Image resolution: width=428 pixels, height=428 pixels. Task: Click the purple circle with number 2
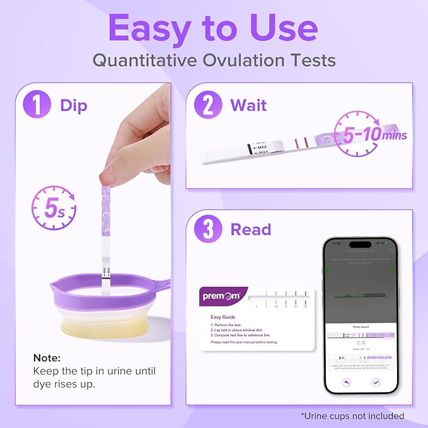pos(208,105)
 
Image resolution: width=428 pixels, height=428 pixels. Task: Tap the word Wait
pos(248,105)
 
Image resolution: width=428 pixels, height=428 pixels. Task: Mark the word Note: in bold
pos(47,357)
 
